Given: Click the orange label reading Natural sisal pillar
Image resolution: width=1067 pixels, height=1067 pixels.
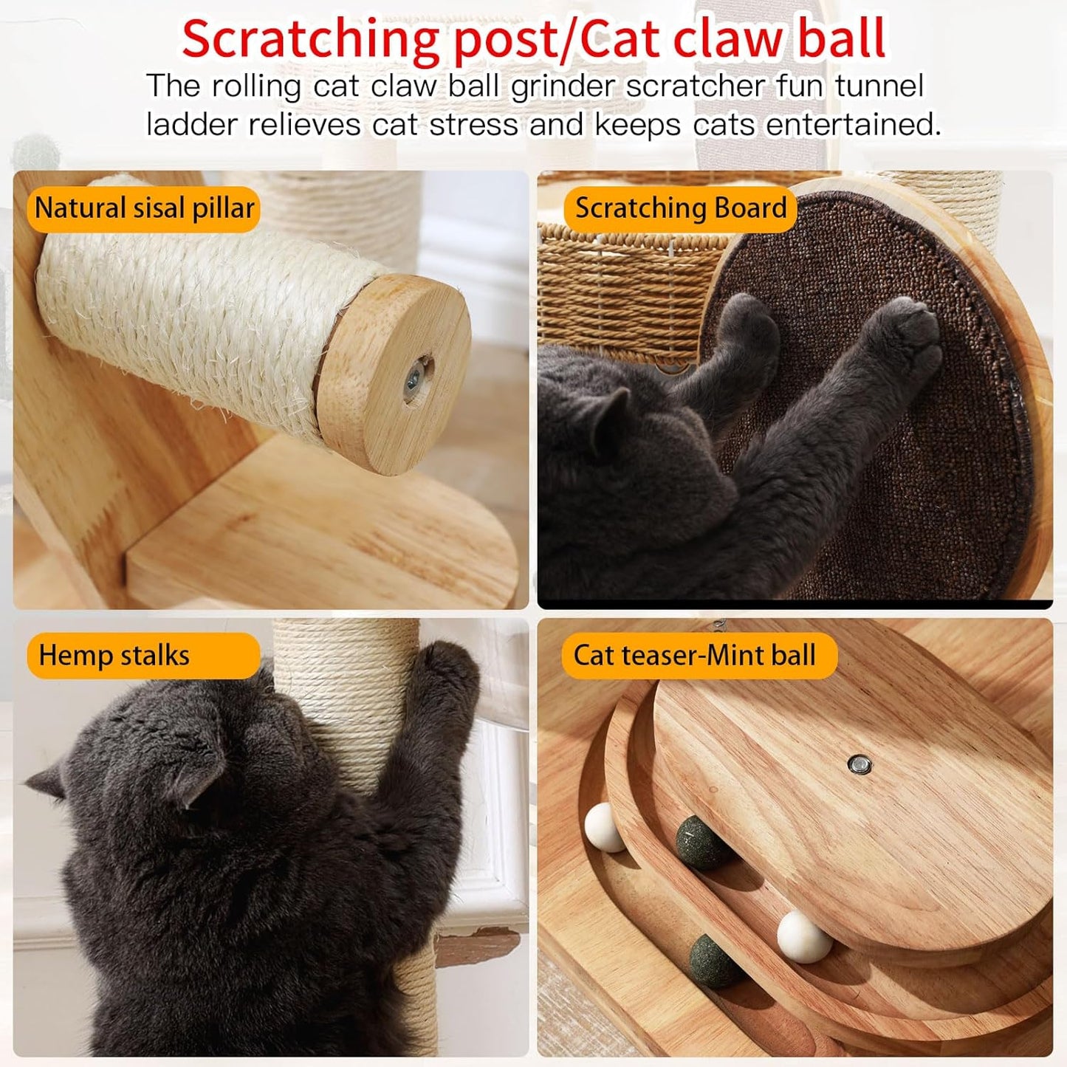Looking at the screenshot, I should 144,209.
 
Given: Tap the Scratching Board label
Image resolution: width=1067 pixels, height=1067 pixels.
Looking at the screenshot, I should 680,209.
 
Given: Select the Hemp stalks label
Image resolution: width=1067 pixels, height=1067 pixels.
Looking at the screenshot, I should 114,656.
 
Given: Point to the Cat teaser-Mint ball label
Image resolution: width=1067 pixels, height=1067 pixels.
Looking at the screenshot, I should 695,656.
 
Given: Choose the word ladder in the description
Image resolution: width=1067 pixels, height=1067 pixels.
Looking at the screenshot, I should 192,124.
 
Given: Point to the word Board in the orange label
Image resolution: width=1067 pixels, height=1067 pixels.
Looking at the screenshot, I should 751,209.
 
